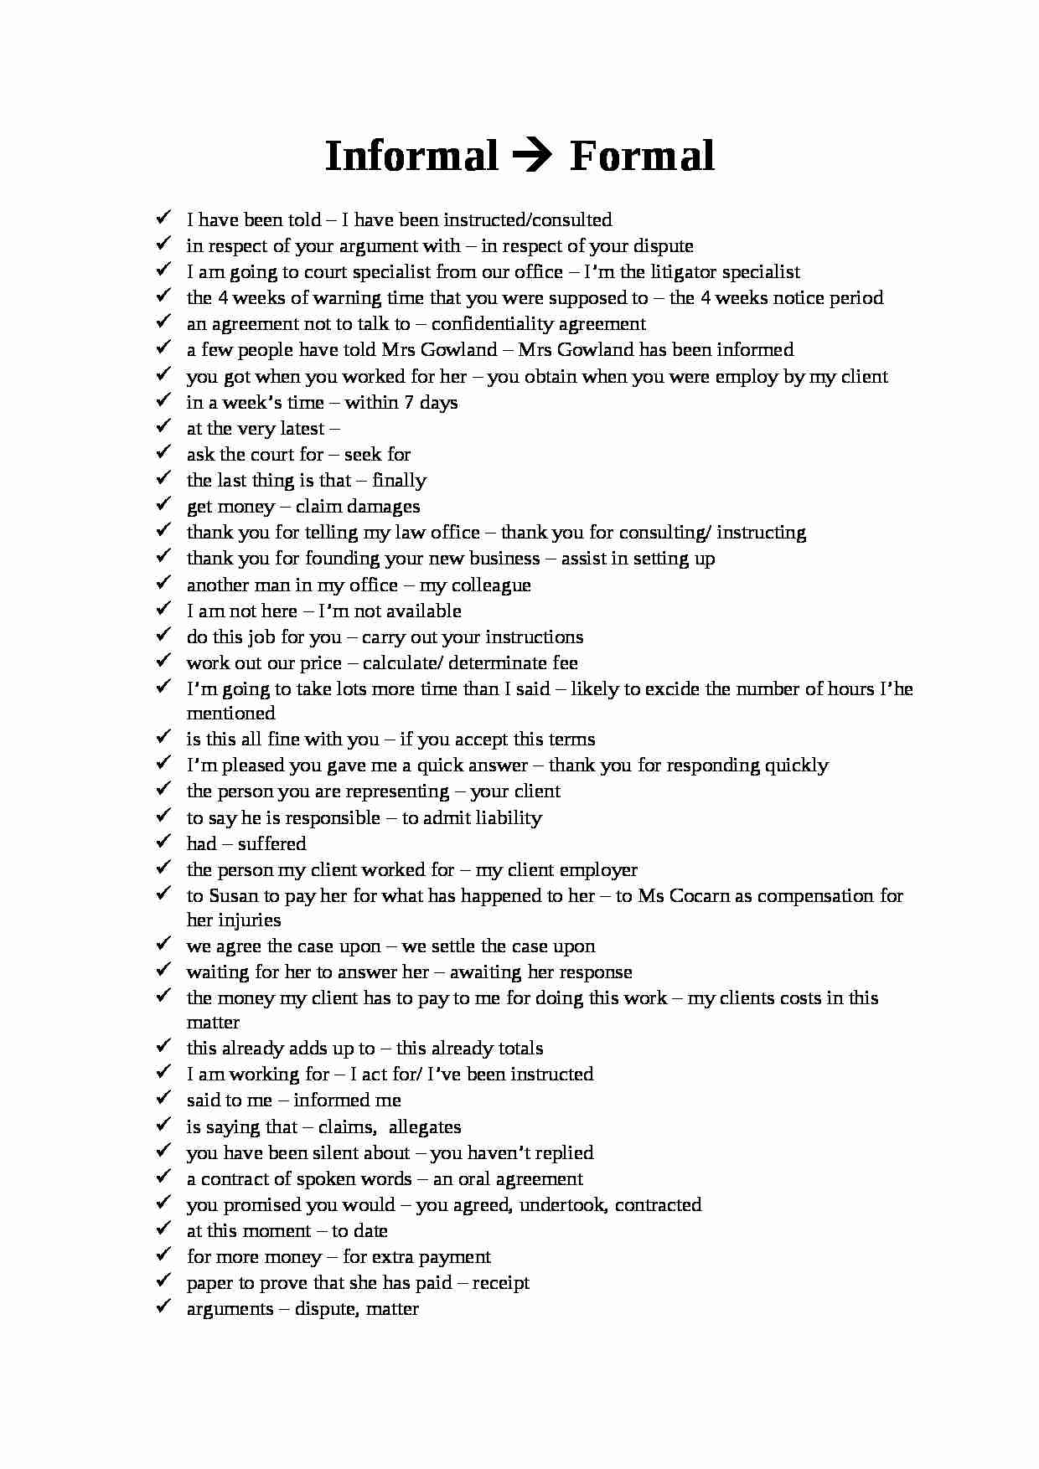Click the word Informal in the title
(x=411, y=157)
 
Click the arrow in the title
(x=533, y=157)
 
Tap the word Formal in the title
(x=642, y=157)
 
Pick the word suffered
(x=271, y=844)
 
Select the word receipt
(x=500, y=1283)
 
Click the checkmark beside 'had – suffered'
(x=163, y=842)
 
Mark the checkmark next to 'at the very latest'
(x=163, y=426)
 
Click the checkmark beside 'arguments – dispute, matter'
(x=163, y=1307)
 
